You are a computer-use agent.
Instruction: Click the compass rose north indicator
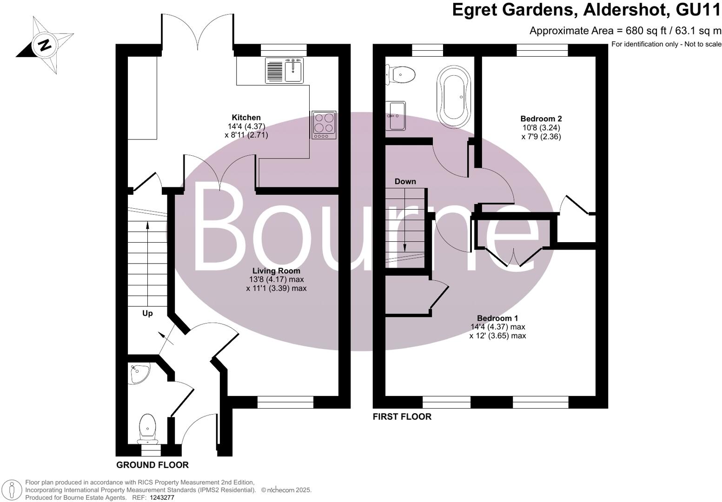[x=45, y=45]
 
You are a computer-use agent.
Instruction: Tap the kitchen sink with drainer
[x=284, y=70]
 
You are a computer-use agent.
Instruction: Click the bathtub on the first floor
[x=453, y=98]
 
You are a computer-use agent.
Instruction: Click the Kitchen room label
[x=246, y=118]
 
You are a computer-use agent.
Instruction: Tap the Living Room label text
[x=276, y=271]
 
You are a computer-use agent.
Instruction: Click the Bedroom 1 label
[x=497, y=318]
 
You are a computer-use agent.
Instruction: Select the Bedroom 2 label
[x=541, y=119]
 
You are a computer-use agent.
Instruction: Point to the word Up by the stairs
[x=147, y=313]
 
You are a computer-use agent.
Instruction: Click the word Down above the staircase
[x=405, y=181]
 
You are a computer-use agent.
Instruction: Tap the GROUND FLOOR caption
[x=152, y=465]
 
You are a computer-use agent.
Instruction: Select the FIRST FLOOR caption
[x=402, y=417]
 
